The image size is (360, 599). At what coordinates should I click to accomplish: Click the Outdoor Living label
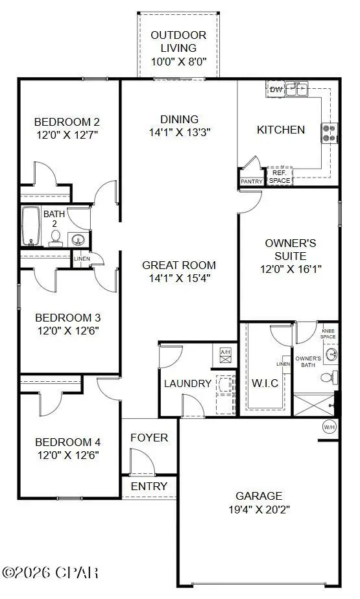click(178, 41)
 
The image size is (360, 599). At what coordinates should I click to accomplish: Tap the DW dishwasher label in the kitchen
click(276, 89)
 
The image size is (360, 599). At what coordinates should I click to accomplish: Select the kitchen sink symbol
click(298, 89)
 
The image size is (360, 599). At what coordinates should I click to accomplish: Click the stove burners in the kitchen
click(328, 133)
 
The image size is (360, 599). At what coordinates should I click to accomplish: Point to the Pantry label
click(252, 182)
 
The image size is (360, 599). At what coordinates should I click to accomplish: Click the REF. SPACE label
click(280, 177)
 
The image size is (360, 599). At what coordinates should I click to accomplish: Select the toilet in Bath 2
click(56, 238)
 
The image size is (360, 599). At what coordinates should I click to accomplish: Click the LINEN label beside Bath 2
click(82, 259)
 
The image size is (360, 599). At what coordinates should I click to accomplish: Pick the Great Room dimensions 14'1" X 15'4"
click(179, 278)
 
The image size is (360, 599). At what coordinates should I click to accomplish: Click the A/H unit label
click(226, 353)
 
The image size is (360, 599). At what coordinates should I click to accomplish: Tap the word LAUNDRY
click(187, 383)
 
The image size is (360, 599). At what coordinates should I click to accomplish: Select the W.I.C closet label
click(265, 382)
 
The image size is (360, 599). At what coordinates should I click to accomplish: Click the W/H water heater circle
click(330, 427)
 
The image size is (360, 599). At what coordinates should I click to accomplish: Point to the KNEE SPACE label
click(328, 335)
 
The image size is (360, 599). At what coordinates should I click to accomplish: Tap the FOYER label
click(149, 438)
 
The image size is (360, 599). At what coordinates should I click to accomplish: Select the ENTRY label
click(149, 486)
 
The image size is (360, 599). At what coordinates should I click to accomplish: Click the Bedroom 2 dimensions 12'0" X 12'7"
click(67, 135)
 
